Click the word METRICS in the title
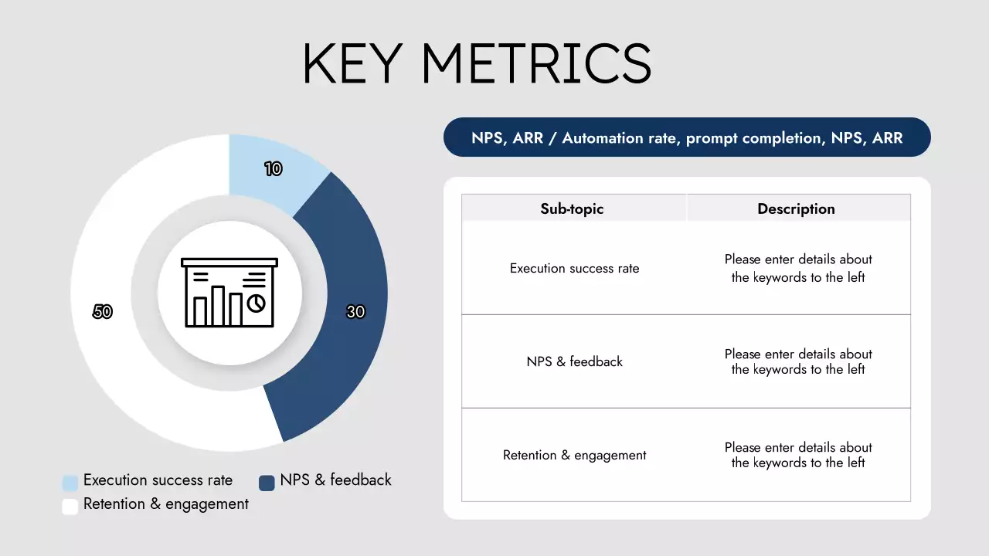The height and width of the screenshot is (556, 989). point(536,63)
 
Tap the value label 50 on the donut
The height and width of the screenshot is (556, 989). point(103,312)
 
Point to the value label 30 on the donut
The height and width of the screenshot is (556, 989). point(355,312)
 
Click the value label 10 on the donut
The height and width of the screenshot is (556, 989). point(273,169)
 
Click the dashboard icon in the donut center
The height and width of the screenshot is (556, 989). point(229,292)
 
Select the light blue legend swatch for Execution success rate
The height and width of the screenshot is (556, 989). point(70,483)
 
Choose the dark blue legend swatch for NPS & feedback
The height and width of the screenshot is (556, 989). point(267,483)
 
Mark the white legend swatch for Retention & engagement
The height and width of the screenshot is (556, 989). point(70,507)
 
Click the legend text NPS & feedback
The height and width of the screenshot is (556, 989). point(335,480)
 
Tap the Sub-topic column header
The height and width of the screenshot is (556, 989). point(572,208)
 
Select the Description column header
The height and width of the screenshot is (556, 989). point(796,208)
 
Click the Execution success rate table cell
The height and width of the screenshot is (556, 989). point(574,269)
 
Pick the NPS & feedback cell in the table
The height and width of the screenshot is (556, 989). point(574,361)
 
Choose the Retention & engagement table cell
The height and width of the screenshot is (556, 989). point(574,456)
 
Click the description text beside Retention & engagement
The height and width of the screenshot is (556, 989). point(798,455)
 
